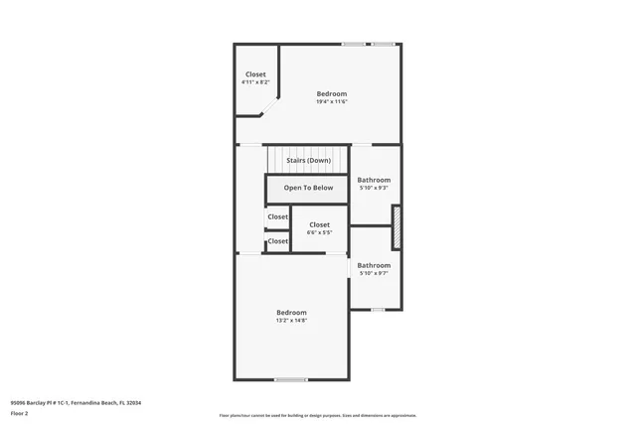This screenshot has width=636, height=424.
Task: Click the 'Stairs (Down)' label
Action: (308, 160)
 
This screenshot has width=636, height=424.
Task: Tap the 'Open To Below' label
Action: (308, 188)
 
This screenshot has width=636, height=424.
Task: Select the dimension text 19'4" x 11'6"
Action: (332, 101)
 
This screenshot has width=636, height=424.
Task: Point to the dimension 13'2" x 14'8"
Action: (291, 320)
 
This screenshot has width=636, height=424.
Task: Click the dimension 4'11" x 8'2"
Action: (255, 82)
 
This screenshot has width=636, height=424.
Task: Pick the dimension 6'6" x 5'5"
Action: (319, 232)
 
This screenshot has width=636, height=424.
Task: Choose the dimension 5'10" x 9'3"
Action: (374, 188)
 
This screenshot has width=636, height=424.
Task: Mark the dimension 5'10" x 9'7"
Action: (374, 273)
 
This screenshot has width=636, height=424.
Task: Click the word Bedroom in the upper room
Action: (332, 93)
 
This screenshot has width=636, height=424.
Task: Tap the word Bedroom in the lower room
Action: (291, 312)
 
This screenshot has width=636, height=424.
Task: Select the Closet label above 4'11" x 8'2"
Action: (255, 74)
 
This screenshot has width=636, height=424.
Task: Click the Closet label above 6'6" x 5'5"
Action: (319, 224)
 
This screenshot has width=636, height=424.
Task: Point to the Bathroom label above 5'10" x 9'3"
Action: (374, 180)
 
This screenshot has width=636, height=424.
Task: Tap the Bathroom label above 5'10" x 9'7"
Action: (374, 265)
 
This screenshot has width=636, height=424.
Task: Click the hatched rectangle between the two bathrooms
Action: (396, 226)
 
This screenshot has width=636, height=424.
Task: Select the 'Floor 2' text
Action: (19, 412)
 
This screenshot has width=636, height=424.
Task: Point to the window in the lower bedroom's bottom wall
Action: (290, 379)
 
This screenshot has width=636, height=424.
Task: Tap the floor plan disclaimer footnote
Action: (318, 416)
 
